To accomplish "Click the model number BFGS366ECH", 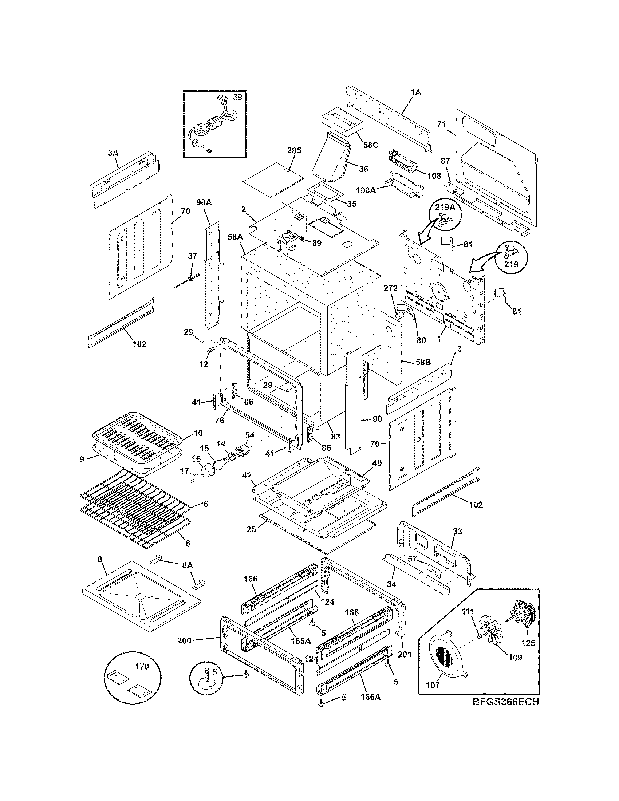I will [505, 702].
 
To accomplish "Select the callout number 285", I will [294, 150].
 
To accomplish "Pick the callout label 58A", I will [235, 237].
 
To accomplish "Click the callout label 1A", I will [415, 93].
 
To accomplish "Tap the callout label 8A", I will [187, 565].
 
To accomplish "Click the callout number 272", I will [391, 289].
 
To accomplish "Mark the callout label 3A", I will [113, 153].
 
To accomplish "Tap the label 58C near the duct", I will [371, 145].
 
